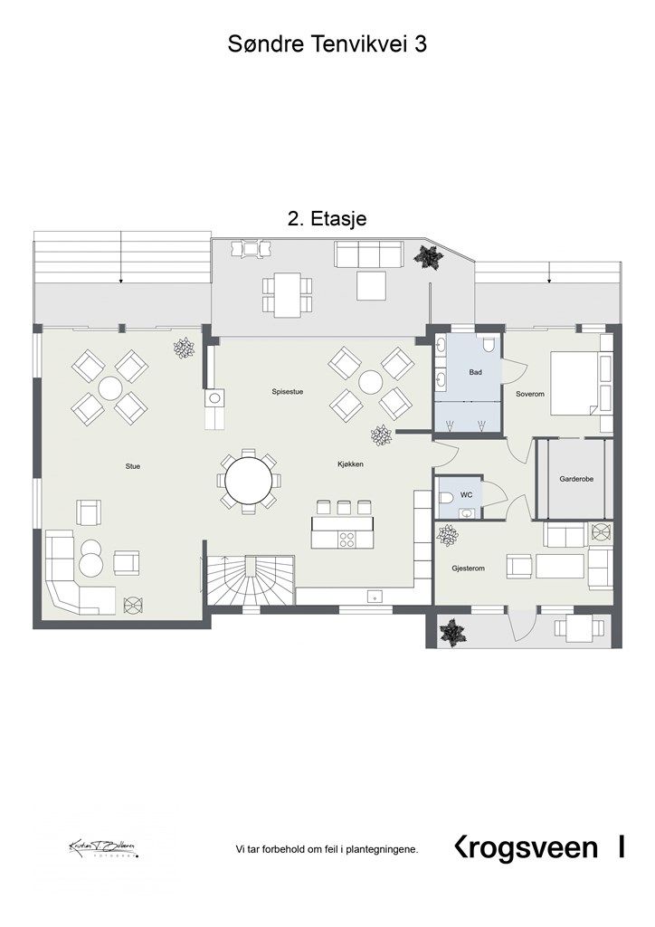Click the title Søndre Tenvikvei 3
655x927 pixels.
(x=327, y=46)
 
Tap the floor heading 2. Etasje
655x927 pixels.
(x=326, y=218)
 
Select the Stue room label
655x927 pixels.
(x=133, y=466)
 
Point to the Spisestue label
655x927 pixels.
(x=287, y=392)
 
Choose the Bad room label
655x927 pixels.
(x=475, y=372)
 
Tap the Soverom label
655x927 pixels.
(x=529, y=395)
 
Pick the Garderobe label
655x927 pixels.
(x=575, y=479)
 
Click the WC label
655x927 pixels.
(x=466, y=496)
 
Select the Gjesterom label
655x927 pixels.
(x=470, y=569)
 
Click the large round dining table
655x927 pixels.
(x=249, y=480)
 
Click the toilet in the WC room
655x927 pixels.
(x=445, y=498)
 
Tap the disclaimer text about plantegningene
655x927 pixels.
(x=327, y=849)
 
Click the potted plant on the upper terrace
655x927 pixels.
(x=428, y=257)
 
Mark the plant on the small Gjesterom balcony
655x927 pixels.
(x=450, y=631)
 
